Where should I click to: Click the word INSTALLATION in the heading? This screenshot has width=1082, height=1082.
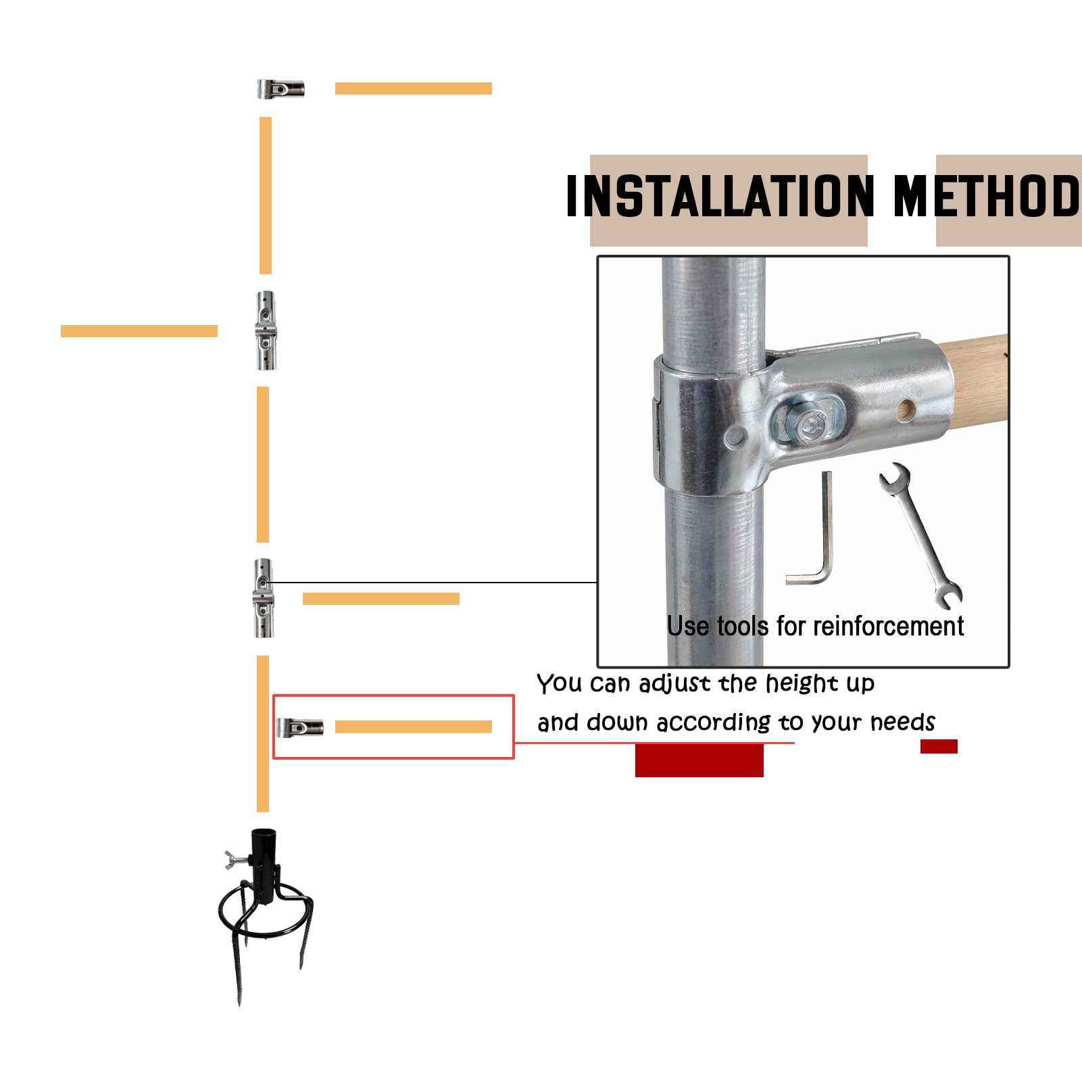tap(720, 196)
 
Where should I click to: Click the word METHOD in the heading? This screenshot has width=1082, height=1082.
tap(987, 196)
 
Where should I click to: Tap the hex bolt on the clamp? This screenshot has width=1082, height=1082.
tap(810, 425)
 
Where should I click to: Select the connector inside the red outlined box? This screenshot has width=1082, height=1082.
tap(300, 727)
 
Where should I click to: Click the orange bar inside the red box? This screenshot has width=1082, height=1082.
tap(414, 727)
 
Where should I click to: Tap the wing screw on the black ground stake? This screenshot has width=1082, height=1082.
tap(236, 860)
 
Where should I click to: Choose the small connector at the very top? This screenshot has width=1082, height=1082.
tap(280, 89)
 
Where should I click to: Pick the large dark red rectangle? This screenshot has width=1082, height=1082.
tap(699, 760)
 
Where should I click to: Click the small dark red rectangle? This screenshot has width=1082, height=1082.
tap(939, 746)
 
